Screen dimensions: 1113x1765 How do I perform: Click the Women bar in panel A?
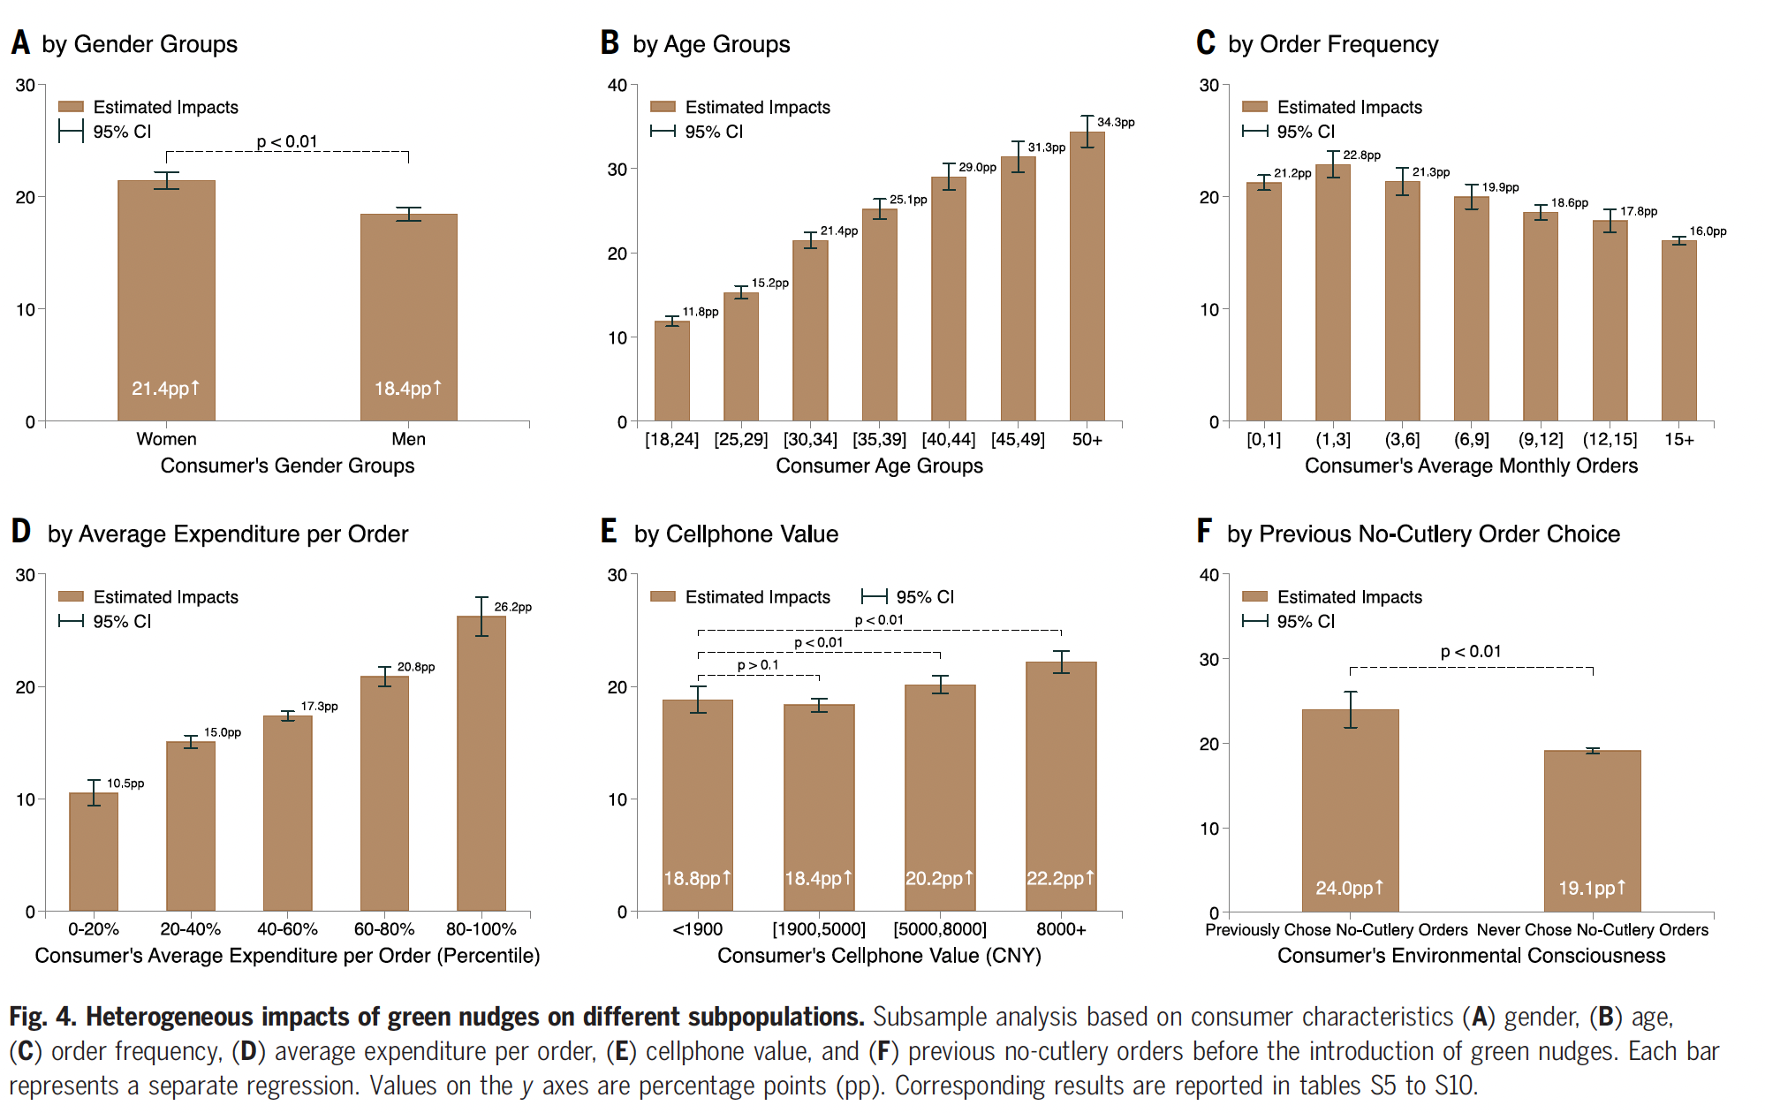click(166, 300)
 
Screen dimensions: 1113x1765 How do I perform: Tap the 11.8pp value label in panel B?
click(701, 312)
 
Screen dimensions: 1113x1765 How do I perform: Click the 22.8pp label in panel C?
click(1361, 155)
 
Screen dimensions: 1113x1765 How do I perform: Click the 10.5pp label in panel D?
click(125, 784)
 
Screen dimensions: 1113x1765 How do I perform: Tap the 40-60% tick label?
click(287, 929)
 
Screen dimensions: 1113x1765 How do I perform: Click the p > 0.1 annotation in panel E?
click(758, 665)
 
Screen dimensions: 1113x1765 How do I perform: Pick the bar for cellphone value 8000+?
click(1061, 786)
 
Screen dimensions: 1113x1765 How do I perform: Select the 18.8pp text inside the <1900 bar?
click(697, 878)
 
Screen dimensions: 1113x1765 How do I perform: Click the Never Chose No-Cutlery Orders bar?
click(1592, 830)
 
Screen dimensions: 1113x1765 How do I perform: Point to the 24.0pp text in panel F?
click(1349, 888)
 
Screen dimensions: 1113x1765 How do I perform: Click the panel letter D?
click(20, 532)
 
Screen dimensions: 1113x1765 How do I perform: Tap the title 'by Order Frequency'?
click(1333, 44)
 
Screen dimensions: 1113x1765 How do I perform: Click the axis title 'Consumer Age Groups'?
click(879, 466)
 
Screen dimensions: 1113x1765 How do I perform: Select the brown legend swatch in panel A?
click(71, 107)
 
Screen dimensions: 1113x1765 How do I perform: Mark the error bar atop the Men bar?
click(408, 214)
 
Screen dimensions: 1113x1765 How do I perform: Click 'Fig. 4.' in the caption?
click(42, 1017)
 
